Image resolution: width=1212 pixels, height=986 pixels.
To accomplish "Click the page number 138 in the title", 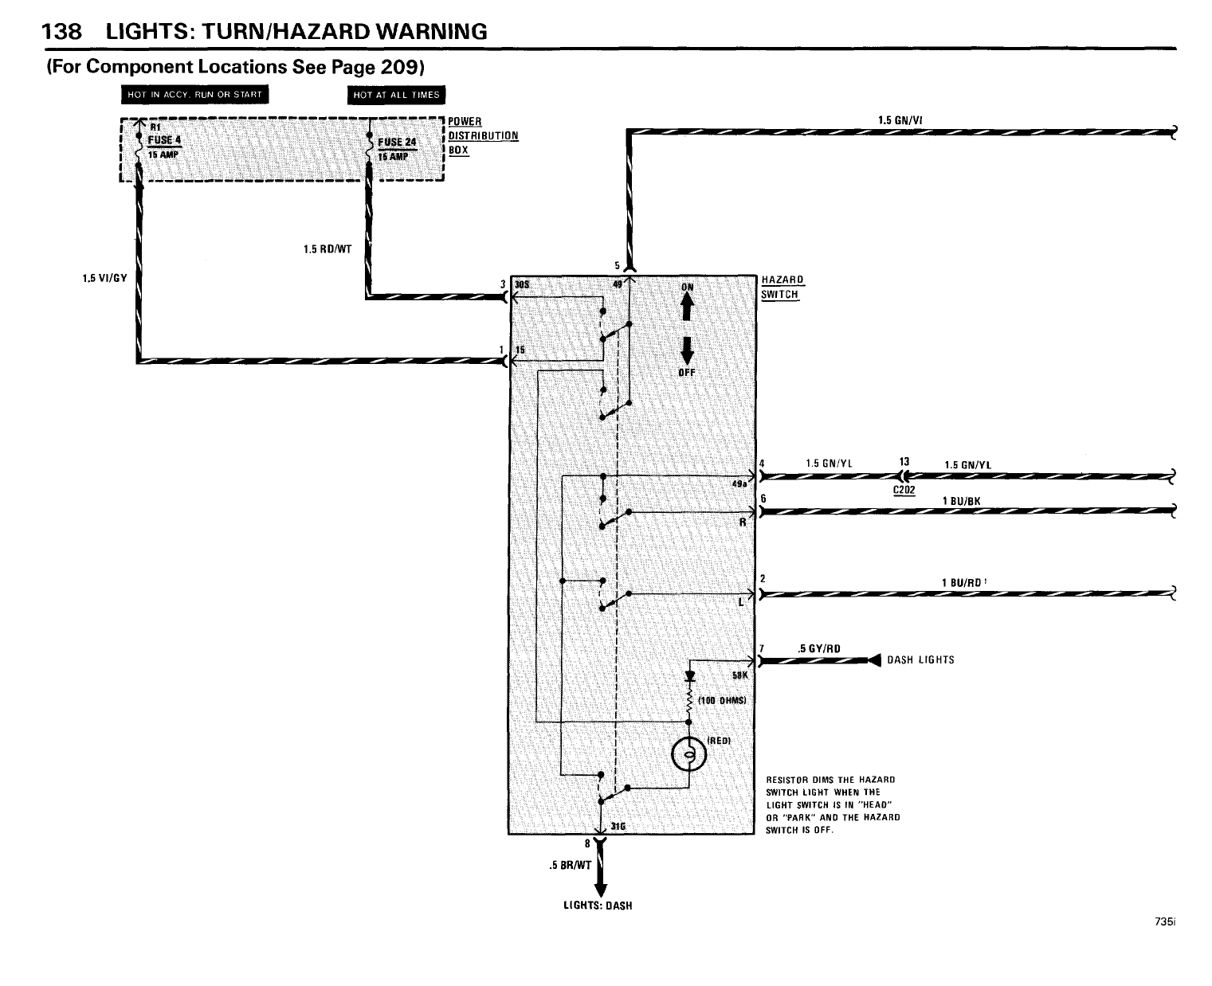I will pyautogui.click(x=61, y=32).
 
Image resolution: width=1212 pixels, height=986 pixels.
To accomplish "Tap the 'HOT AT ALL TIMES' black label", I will pyautogui.click(x=396, y=95).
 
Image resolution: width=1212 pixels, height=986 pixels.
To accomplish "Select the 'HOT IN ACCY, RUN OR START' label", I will pyautogui.click(x=194, y=95).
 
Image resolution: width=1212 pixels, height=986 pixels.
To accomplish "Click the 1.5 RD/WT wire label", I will pyautogui.click(x=327, y=248).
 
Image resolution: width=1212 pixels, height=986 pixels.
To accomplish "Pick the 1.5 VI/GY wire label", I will pyautogui.click(x=104, y=278).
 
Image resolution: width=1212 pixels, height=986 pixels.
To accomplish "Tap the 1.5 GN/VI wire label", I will pyautogui.click(x=900, y=121).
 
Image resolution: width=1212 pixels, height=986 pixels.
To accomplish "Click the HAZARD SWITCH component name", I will pyautogui.click(x=782, y=287).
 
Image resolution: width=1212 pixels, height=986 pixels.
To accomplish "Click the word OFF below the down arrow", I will pyautogui.click(x=687, y=372).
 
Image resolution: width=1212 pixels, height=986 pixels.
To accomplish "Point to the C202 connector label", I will pyautogui.click(x=903, y=490).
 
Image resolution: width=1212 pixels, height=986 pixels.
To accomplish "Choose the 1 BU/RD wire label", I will pyautogui.click(x=961, y=582).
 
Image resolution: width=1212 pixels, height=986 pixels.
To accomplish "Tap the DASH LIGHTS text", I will pyautogui.click(x=920, y=659).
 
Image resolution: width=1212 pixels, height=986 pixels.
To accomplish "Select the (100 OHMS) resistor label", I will pyautogui.click(x=720, y=700).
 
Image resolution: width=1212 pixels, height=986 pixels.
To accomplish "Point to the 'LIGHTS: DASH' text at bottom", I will pyautogui.click(x=597, y=906).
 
